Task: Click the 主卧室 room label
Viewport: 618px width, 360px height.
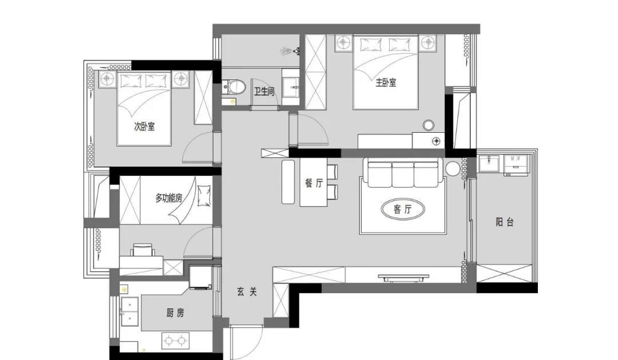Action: click(385, 82)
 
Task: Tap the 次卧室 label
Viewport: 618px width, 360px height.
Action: click(144, 126)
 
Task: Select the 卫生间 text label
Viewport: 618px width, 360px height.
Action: click(264, 90)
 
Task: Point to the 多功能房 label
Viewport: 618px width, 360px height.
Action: click(168, 198)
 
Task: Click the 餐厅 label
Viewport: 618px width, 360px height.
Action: click(314, 183)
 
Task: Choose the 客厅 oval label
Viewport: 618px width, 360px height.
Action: click(402, 209)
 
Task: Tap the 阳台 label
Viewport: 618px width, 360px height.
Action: click(504, 222)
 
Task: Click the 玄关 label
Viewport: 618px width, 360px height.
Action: click(247, 291)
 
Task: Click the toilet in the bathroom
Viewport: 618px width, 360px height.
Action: click(235, 86)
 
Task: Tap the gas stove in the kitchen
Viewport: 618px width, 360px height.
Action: click(175, 341)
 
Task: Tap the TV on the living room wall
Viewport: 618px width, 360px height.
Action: click(404, 278)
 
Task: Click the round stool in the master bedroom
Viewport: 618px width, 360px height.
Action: click(429, 125)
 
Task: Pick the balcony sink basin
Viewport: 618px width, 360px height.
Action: click(489, 163)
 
